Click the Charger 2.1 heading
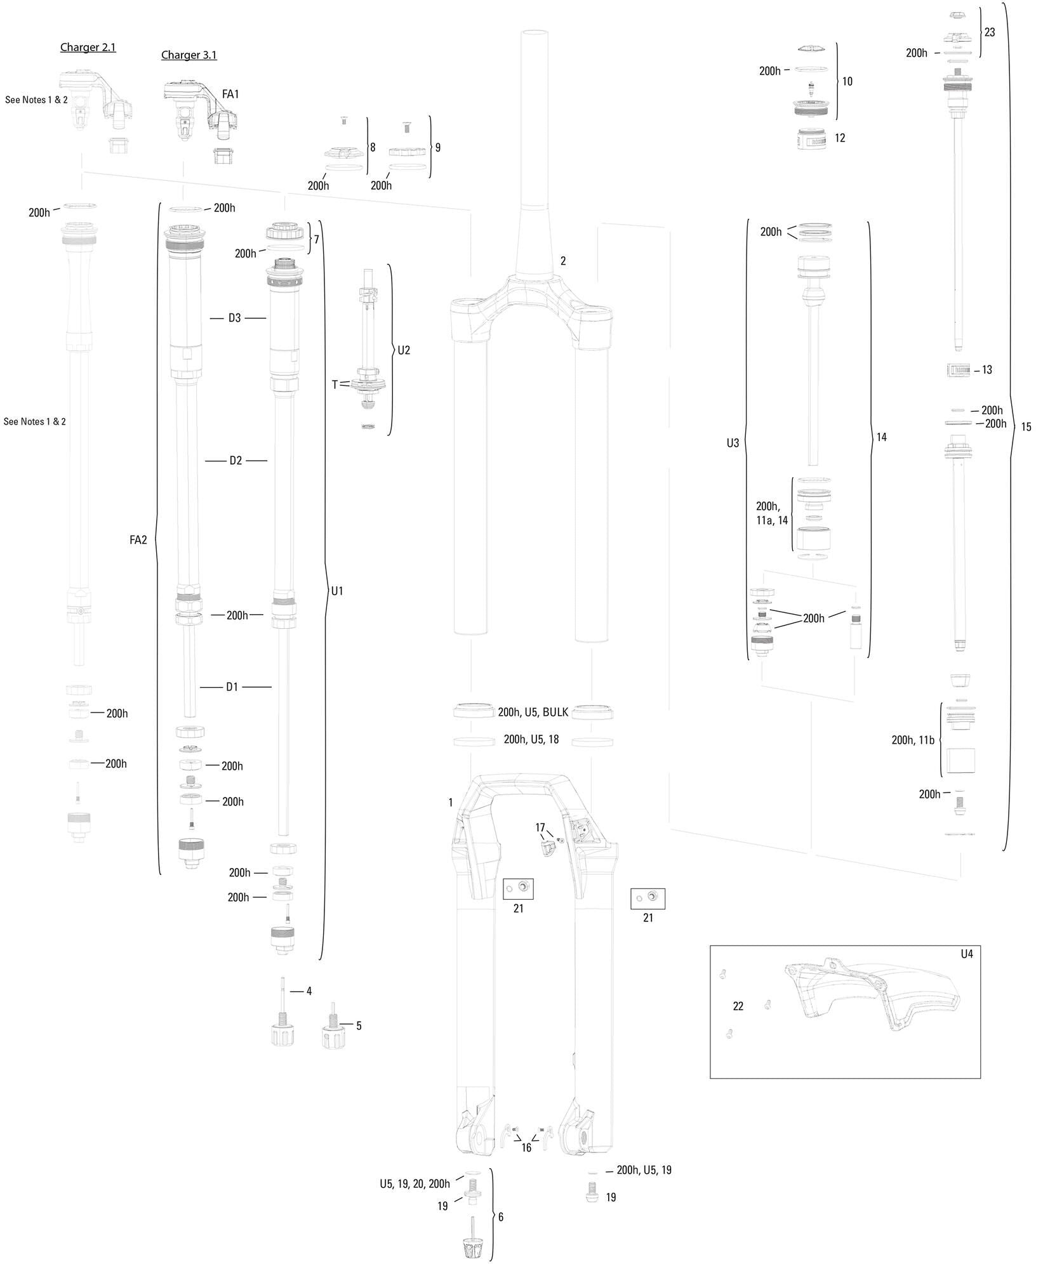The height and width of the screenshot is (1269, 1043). pos(88,48)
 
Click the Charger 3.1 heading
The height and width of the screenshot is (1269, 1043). pos(189,55)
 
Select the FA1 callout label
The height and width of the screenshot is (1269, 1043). pos(230,94)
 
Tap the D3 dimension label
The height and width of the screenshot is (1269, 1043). pos(235,318)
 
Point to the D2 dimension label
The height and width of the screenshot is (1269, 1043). pos(236,461)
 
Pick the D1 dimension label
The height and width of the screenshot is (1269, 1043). pos(232,687)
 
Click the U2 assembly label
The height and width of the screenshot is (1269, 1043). pos(404,350)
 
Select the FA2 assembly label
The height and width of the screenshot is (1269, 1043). pos(138,540)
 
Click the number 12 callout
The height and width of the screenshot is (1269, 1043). pos(840,138)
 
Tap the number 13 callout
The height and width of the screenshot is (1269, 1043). pos(987,370)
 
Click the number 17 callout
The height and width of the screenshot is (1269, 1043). pos(540,827)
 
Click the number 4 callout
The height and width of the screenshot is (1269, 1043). pos(309,991)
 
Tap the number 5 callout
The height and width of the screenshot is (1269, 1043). pos(359,1025)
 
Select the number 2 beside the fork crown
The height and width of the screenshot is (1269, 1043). pos(562,261)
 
